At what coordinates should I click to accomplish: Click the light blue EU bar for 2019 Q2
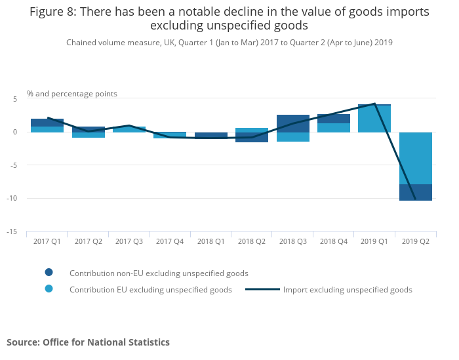tap(416, 158)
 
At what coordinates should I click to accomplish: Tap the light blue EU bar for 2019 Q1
tap(374, 119)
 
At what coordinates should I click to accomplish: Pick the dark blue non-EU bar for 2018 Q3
tap(293, 123)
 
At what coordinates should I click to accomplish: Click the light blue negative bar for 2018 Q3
tap(293, 137)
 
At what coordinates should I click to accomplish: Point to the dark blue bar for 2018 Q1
tap(211, 135)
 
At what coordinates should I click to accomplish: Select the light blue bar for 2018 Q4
tap(334, 128)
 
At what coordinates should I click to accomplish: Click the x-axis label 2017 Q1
tap(47, 241)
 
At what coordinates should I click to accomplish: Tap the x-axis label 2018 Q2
tap(252, 241)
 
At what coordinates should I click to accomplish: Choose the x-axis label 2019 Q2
tap(416, 241)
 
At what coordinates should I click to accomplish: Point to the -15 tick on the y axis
tap(12, 231)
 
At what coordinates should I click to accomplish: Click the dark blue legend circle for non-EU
tap(49, 273)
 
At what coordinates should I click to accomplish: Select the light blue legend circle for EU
tap(49, 289)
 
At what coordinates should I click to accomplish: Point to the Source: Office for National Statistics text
tap(88, 342)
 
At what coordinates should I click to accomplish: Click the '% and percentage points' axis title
tap(72, 94)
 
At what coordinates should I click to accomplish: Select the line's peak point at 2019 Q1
tap(374, 104)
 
